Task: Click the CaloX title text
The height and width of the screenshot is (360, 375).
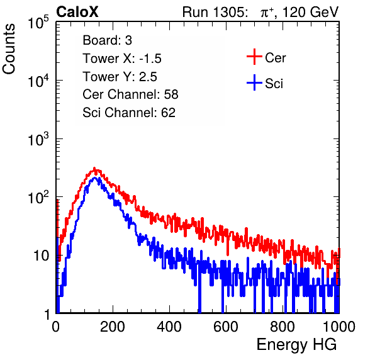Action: [x=77, y=12]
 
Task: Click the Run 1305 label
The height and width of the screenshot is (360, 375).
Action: [x=215, y=12]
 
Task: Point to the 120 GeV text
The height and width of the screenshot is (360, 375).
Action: [x=311, y=12]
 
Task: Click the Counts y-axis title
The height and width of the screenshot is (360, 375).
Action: [x=9, y=49]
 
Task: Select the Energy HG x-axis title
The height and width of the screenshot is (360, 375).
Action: [x=296, y=345]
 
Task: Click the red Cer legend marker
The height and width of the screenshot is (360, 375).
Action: [x=254, y=57]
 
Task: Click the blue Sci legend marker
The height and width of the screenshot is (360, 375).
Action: [x=254, y=82]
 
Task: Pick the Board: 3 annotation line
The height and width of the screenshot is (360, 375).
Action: [x=107, y=40]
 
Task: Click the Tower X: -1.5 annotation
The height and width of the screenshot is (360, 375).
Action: [x=122, y=59]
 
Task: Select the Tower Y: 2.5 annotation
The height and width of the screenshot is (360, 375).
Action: [x=120, y=77]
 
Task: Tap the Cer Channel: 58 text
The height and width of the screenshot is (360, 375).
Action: [x=130, y=94]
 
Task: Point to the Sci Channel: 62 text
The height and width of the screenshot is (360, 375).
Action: [x=129, y=113]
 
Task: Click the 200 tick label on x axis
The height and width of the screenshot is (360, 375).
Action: [x=113, y=327]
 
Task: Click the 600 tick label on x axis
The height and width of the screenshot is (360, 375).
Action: [x=226, y=327]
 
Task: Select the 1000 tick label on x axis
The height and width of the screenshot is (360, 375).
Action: [x=339, y=327]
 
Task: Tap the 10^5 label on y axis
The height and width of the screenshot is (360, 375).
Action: [x=38, y=23]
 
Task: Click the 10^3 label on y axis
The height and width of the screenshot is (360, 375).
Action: [x=38, y=140]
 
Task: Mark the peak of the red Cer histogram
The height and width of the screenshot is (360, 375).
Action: [x=94, y=168]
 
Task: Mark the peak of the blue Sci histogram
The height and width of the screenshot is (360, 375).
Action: [x=94, y=178]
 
